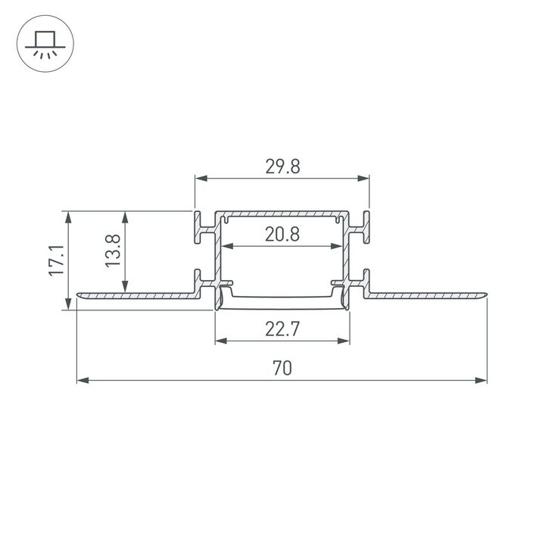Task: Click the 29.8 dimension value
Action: click(282, 167)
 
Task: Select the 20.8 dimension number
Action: click(282, 235)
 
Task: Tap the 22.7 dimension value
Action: click(282, 329)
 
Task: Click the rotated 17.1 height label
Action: click(55, 260)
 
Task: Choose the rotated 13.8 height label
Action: click(113, 250)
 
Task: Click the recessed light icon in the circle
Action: click(44, 44)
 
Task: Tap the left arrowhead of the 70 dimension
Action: click(83, 379)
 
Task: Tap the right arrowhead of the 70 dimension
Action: click(481, 379)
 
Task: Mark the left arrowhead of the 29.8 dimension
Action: click(201, 179)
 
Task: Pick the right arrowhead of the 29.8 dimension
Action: click(364, 179)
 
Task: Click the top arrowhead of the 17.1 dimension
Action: click(69, 216)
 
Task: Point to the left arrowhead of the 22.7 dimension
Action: click(220, 341)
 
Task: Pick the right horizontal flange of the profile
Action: click(428, 294)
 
